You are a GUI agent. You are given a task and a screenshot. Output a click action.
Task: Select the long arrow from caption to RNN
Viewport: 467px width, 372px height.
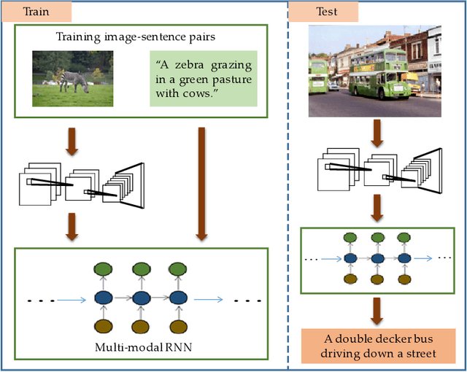point(202,183)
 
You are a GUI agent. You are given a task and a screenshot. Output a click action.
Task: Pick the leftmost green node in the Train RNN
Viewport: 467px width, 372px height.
point(100,268)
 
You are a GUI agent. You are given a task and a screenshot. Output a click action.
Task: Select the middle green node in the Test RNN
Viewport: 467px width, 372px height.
point(378,238)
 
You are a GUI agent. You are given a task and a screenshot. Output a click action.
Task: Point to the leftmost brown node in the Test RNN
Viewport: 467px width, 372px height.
point(351,279)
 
